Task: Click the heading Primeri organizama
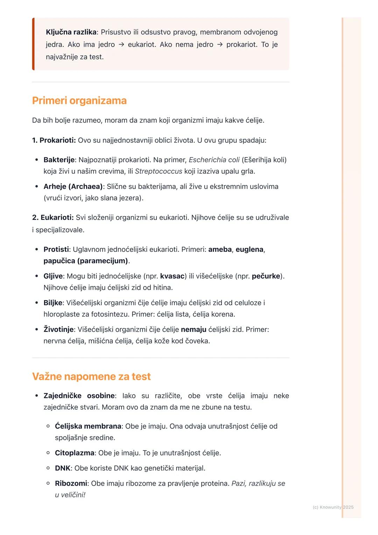point(79,100)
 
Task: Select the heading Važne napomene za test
point(91,376)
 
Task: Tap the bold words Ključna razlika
point(71,32)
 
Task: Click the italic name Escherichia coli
point(214,160)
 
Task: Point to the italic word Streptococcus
point(159,172)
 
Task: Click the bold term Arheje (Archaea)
point(73,187)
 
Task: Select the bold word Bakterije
point(59,160)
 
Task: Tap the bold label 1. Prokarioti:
point(54,140)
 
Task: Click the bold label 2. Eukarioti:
point(53,217)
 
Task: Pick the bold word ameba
point(220,250)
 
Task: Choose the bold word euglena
point(249,250)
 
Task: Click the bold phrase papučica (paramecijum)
point(86,261)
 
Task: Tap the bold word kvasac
point(172,276)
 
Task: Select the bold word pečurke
point(266,276)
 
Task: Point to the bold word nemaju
point(194,329)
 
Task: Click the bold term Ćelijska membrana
point(88,426)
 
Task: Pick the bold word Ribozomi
point(71,484)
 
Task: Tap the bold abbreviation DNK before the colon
point(63,468)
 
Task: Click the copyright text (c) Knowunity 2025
point(333,507)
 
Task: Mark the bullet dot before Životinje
point(36,329)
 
